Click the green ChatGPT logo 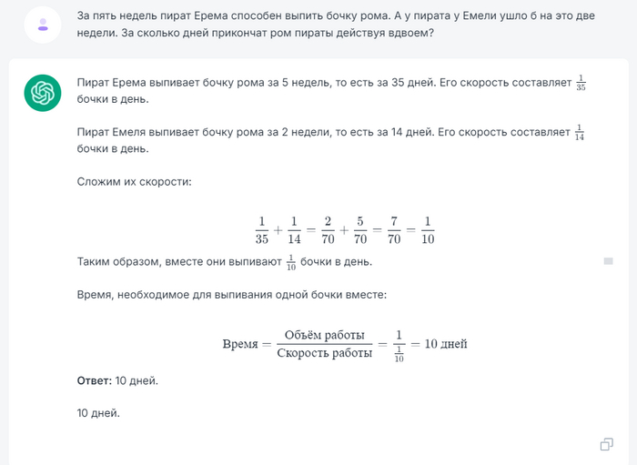pos(43,93)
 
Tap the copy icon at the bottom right pos(606,444)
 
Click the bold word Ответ pos(95,380)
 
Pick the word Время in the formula pos(240,344)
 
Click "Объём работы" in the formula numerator pos(324,335)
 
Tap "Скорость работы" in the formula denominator pos(324,353)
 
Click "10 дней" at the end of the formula pos(446,344)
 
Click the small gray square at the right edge pos(608,261)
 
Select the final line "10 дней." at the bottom pos(98,413)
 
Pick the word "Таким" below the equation pos(95,262)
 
